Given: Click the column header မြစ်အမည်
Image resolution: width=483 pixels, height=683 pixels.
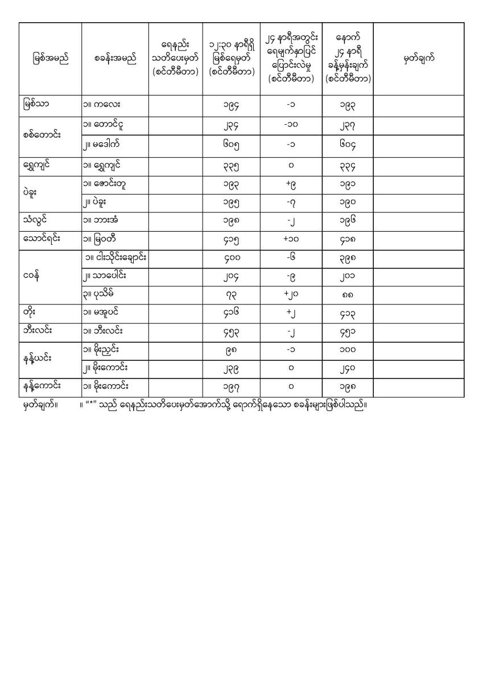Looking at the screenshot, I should click(50, 59).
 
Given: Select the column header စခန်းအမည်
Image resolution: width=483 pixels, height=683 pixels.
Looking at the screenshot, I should click(115, 59).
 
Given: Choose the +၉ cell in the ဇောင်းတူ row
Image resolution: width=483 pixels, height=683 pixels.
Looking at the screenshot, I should click(290, 184).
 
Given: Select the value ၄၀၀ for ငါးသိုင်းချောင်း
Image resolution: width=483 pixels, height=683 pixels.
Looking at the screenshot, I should click(231, 258).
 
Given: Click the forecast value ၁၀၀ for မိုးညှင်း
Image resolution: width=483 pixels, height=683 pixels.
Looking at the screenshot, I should click(347, 349).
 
